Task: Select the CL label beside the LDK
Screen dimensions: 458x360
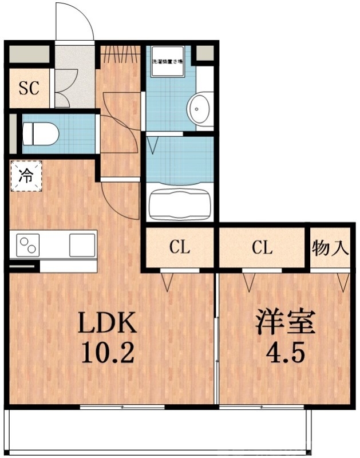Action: (179, 248)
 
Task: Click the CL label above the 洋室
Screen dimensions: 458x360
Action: (262, 248)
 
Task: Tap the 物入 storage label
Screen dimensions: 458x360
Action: (330, 248)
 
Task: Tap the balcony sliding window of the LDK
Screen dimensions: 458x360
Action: (122, 407)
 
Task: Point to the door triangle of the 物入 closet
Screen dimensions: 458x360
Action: (343, 281)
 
